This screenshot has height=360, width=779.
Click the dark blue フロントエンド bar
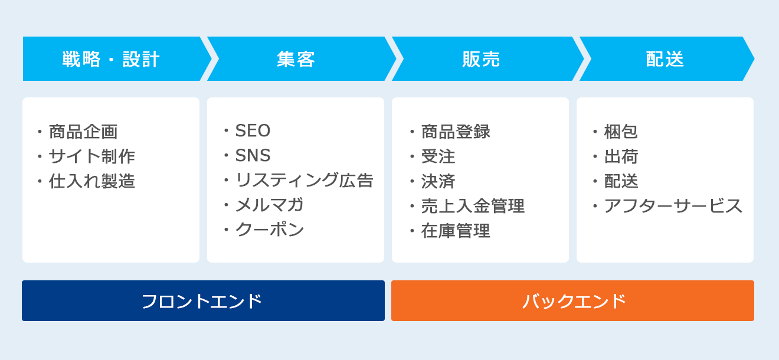tap(203, 301)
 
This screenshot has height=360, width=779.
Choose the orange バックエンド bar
tap(572, 301)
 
